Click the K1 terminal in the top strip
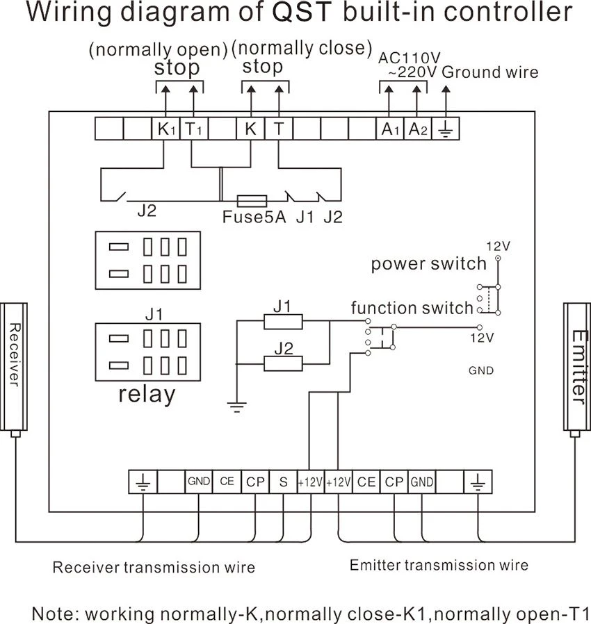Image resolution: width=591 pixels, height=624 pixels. point(165,129)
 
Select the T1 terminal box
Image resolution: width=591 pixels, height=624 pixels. point(194,129)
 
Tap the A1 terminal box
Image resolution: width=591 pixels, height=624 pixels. point(390,129)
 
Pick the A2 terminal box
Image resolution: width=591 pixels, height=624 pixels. point(418,129)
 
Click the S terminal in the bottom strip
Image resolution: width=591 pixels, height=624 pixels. point(283,482)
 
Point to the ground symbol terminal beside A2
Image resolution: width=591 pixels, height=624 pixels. point(446,129)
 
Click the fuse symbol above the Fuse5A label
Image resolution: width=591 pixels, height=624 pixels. point(252,201)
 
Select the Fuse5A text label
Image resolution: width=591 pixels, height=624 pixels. point(254,217)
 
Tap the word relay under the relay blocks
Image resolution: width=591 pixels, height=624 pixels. point(147,395)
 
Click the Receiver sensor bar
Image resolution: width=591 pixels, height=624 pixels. point(14,367)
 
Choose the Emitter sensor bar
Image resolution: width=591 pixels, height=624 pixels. point(577,367)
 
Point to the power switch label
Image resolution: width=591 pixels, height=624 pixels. point(428,264)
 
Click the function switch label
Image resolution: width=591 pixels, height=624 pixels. point(412,309)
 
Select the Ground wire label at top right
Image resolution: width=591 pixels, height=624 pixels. point(490,72)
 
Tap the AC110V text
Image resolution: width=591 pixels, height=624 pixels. point(409,58)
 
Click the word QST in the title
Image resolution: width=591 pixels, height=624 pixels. point(302,12)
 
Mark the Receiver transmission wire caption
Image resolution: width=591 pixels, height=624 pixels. point(154,567)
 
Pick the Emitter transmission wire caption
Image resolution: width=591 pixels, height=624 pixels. point(439,565)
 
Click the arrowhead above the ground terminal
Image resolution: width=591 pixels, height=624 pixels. point(446,90)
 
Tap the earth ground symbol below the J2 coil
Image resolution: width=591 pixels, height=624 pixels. point(237,407)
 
